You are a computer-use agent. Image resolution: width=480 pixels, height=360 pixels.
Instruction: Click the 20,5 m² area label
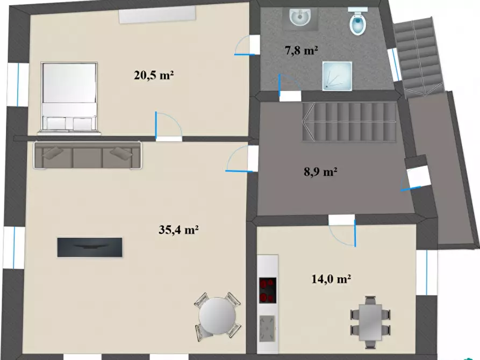[x=154, y=75]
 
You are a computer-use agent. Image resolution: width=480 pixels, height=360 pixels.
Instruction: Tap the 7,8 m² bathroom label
[x=301, y=50]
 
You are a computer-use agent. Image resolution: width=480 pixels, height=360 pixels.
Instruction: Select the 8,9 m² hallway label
[x=320, y=172]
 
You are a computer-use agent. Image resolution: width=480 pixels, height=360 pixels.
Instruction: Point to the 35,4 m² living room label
[x=179, y=229]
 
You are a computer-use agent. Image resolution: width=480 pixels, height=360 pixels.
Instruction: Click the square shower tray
[x=337, y=76]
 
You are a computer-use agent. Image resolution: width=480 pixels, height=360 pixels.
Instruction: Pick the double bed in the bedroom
[x=69, y=98]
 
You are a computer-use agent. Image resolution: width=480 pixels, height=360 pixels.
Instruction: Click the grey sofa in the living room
[x=88, y=155]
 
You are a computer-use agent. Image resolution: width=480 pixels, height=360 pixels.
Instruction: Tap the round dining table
[x=217, y=315]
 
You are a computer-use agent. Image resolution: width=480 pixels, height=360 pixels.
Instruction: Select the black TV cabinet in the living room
[x=90, y=247]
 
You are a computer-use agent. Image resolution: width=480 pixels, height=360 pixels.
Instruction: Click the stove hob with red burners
[x=268, y=290]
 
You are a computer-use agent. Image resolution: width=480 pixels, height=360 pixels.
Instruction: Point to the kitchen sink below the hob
[x=268, y=328]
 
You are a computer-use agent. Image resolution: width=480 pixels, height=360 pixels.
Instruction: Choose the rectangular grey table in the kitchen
[x=370, y=322]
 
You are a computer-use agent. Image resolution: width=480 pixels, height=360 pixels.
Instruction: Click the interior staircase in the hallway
[x=349, y=122]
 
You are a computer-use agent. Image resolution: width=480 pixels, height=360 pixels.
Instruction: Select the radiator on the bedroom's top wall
[x=157, y=15]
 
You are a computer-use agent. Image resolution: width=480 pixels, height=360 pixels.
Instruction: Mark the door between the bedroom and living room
[x=169, y=126]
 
